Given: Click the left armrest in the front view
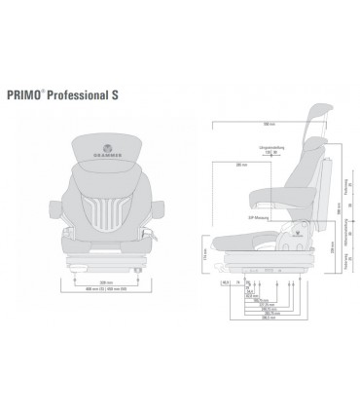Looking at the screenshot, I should coord(55,206).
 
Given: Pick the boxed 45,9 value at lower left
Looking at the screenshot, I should coord(225,282).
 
